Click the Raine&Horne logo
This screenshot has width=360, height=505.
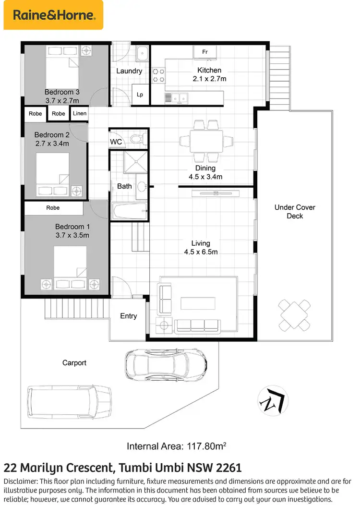pos(53,15)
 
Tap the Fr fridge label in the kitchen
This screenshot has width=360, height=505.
pos(204,52)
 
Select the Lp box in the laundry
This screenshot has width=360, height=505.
pos(140,95)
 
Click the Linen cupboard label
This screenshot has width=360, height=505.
pos(80,114)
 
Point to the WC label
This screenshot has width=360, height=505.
pos(116,142)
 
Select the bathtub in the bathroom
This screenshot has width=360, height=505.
pos(128,210)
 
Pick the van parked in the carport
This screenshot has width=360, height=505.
pos(69,400)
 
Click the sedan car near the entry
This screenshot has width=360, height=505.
pos(166,364)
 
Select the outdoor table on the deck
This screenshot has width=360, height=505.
pos(292,315)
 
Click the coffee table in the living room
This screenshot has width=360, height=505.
pos(199,303)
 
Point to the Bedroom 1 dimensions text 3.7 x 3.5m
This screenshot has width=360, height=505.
pos(72,235)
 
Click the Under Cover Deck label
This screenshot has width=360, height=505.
pos(295,212)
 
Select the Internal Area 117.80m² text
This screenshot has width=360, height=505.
pos(176,446)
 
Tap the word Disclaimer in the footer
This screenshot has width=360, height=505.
pos(23,481)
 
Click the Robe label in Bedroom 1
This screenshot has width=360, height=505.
pos(53,208)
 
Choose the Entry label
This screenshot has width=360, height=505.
pos(128,316)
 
